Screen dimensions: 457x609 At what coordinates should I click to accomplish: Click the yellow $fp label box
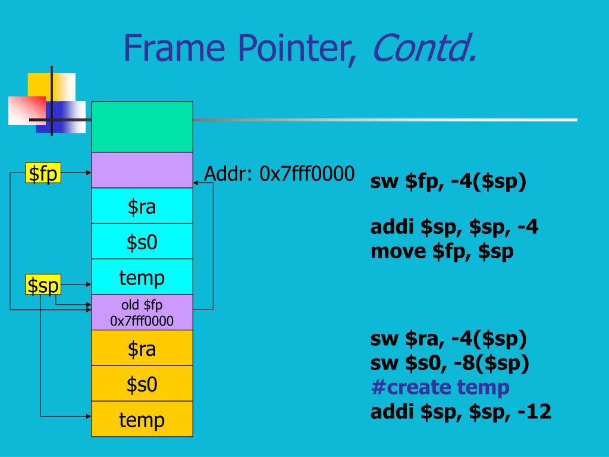point(43,174)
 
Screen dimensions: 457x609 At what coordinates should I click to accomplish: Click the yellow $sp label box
point(43,285)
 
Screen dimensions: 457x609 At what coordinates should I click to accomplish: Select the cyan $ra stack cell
point(142,206)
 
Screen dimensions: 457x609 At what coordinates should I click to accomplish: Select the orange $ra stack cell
point(142,348)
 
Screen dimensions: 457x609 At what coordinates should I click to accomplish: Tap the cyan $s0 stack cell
point(142,242)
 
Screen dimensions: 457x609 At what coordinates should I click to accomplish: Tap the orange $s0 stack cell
point(142,384)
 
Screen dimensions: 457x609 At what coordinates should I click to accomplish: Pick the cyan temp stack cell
point(142,277)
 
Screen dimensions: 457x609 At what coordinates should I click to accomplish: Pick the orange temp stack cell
point(142,420)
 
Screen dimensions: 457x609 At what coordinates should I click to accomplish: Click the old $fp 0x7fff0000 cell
point(142,313)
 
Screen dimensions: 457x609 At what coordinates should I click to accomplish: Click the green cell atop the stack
point(142,127)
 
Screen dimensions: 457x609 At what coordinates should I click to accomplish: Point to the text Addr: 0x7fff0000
point(279,174)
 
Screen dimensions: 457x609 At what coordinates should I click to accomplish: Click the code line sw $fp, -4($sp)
point(448,181)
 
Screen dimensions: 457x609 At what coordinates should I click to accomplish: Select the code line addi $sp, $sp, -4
point(454,227)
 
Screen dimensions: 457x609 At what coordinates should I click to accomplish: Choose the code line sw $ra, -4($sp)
point(448,339)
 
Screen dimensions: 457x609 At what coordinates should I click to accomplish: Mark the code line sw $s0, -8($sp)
point(450,363)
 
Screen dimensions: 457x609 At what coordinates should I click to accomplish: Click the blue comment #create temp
point(440,387)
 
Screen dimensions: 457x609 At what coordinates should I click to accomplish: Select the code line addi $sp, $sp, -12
point(460,411)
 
